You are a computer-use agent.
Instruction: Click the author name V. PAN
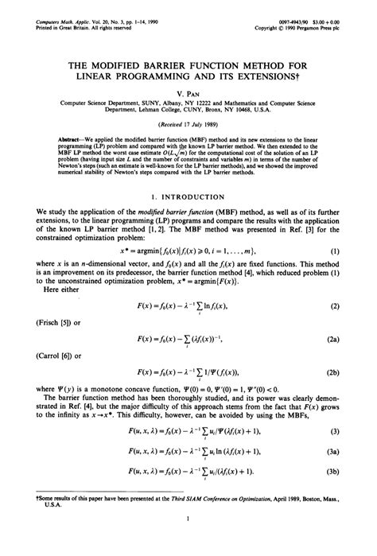189,91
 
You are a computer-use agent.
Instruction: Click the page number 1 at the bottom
188,543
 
